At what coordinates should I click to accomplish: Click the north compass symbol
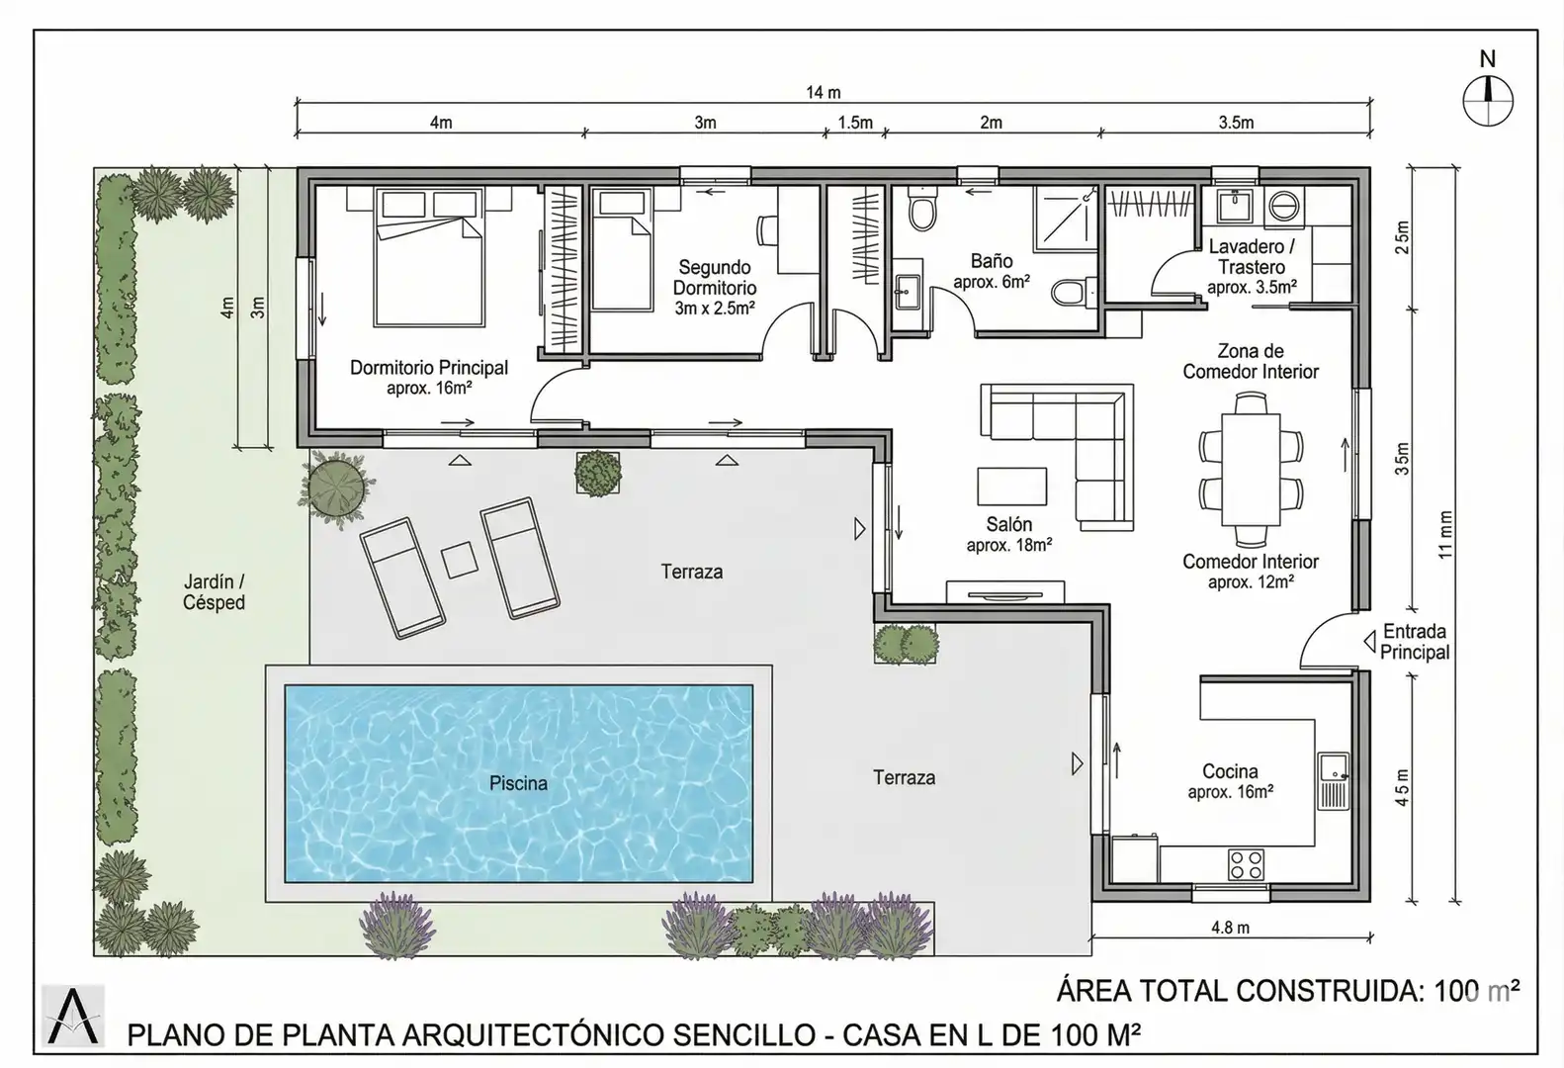pyautogui.click(x=1487, y=101)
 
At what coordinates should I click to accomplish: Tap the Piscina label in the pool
pyautogui.click(x=518, y=784)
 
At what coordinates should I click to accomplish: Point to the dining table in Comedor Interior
pyautogui.click(x=1251, y=470)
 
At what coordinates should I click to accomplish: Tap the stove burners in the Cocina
pyautogui.click(x=1246, y=864)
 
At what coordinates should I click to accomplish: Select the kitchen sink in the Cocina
pyautogui.click(x=1333, y=781)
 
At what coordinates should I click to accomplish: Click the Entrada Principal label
pyautogui.click(x=1415, y=642)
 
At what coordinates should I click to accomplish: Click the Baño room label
pyautogui.click(x=992, y=261)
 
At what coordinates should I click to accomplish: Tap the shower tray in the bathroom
pyautogui.click(x=1066, y=218)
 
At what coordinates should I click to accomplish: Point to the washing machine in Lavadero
pyautogui.click(x=1282, y=208)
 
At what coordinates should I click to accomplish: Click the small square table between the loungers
pyautogui.click(x=460, y=560)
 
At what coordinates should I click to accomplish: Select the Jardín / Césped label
pyautogui.click(x=214, y=592)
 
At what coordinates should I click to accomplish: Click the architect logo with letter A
pyautogui.click(x=72, y=1017)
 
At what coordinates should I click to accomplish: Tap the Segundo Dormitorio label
pyautogui.click(x=714, y=277)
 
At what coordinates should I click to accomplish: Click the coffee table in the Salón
pyautogui.click(x=1011, y=487)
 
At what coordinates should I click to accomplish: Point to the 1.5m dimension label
pyautogui.click(x=855, y=123)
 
